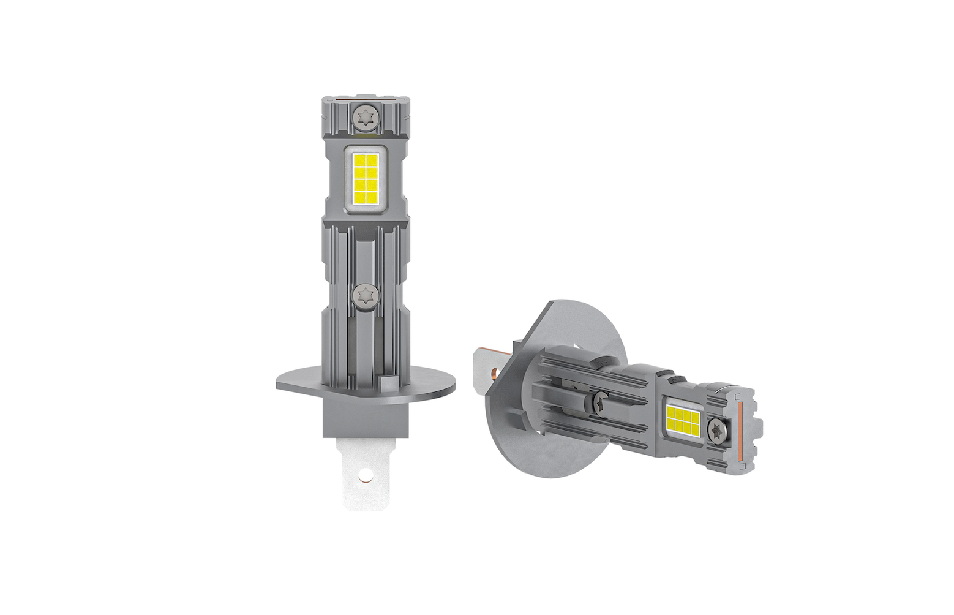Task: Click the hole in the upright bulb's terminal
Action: click(366, 474)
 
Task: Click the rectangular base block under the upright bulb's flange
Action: click(365, 416)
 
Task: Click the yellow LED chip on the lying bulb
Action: click(683, 418)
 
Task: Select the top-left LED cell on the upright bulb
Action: click(359, 161)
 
